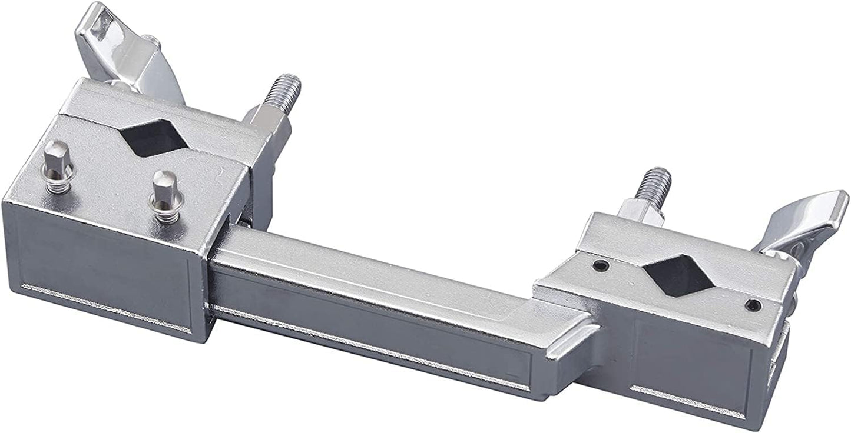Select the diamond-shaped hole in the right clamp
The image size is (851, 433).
pyautogui.click(x=678, y=275)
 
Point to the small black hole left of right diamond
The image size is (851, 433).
pyautogui.click(x=600, y=266)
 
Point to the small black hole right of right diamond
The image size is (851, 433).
pyautogui.click(x=753, y=305)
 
